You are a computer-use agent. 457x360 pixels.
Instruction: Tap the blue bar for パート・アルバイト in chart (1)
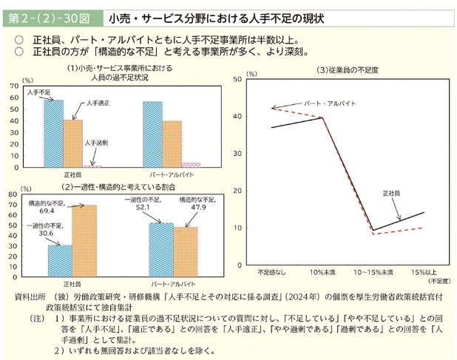tap(153, 134)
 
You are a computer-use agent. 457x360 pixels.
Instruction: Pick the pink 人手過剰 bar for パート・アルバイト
tap(192, 165)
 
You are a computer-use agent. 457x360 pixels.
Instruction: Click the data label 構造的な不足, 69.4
tap(47, 206)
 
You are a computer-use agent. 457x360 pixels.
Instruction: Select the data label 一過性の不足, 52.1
tap(138, 205)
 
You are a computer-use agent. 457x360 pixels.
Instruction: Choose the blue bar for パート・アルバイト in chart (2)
tap(160, 248)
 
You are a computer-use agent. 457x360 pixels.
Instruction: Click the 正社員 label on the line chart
tap(391, 193)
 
